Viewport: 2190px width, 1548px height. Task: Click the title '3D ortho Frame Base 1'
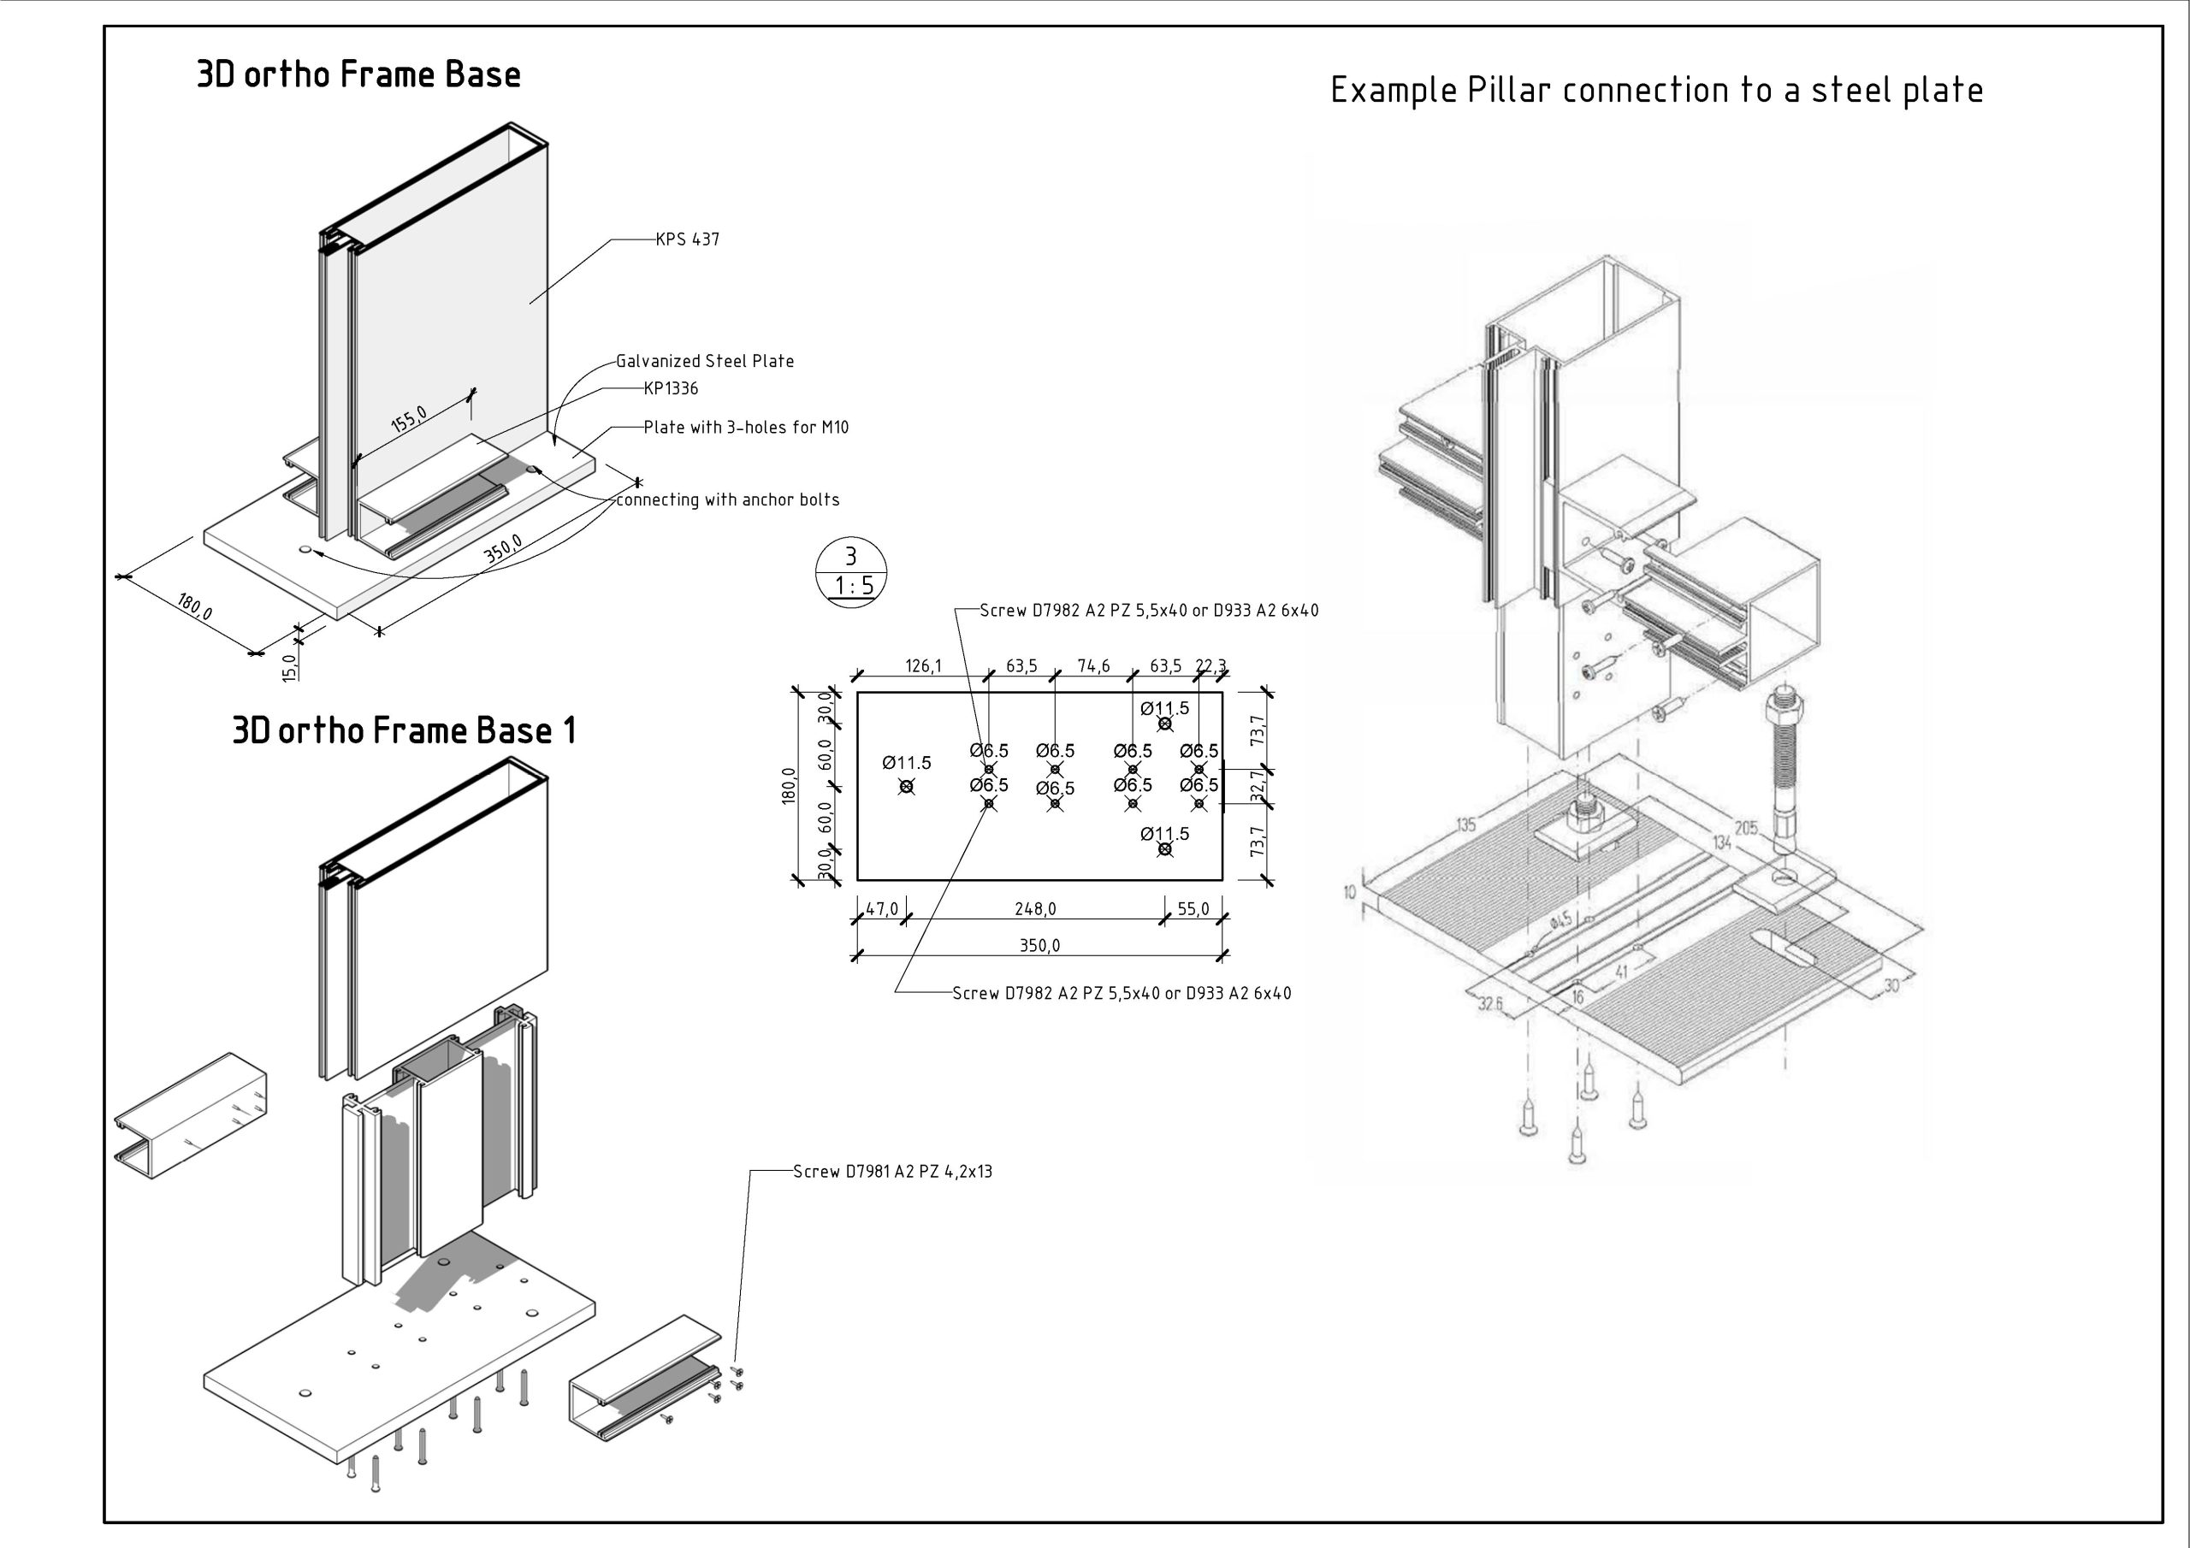(x=404, y=730)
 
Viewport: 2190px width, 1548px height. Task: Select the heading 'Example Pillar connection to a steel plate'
(x=1657, y=91)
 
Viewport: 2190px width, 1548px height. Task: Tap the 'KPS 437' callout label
(x=687, y=239)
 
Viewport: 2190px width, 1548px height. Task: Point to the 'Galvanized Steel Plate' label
(x=704, y=362)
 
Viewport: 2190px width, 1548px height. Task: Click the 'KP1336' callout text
(x=671, y=388)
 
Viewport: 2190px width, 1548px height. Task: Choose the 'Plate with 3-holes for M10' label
(x=745, y=428)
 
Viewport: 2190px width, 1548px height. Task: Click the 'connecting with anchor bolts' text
(x=728, y=499)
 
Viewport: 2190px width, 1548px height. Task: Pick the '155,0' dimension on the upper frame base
(x=409, y=419)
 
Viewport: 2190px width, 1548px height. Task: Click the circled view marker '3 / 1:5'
(x=851, y=571)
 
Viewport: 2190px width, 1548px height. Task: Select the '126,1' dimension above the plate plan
(x=922, y=665)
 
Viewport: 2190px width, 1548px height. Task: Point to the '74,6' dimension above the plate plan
(x=1093, y=665)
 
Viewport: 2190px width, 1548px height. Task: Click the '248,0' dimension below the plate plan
(x=1035, y=909)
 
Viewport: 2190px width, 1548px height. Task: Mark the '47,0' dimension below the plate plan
(x=881, y=909)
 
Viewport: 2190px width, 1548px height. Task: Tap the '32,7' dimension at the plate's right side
(x=1258, y=786)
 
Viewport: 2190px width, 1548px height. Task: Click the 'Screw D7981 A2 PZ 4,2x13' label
(x=892, y=1171)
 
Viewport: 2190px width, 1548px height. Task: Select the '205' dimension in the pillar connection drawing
(x=1745, y=828)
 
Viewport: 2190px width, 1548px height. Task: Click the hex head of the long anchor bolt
(x=1783, y=709)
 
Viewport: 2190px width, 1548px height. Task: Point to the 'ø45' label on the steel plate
(x=1560, y=920)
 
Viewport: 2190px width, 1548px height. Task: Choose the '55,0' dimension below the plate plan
(x=1193, y=909)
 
